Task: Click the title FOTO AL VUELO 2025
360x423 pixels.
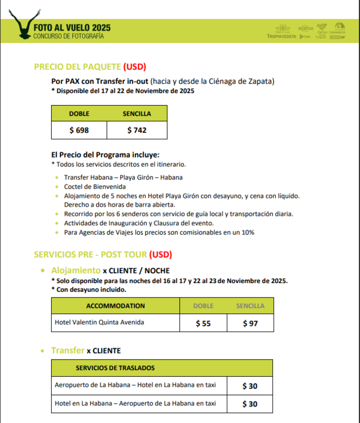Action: click(x=72, y=27)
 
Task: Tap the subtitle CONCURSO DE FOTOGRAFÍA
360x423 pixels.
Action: click(x=68, y=36)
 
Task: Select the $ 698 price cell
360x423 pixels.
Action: click(x=79, y=131)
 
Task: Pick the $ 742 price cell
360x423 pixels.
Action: click(x=137, y=131)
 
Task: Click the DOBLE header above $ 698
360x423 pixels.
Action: click(x=79, y=114)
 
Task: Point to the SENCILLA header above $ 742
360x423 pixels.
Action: click(x=137, y=114)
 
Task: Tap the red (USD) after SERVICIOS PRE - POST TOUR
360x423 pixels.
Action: click(x=161, y=254)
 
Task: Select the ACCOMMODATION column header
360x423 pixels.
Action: click(x=116, y=306)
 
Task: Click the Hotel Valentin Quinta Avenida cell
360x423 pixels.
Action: click(x=100, y=322)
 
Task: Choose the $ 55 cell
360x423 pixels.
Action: click(x=204, y=323)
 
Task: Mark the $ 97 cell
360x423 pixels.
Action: click(x=250, y=323)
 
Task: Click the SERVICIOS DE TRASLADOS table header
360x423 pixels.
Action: click(x=115, y=367)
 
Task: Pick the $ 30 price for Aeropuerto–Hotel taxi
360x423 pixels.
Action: click(x=249, y=386)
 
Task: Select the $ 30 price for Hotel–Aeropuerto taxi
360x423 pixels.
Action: click(x=249, y=404)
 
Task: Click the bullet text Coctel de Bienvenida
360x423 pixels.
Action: click(x=95, y=187)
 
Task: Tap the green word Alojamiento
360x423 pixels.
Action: click(x=76, y=270)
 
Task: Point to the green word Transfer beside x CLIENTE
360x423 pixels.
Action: click(x=68, y=350)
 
